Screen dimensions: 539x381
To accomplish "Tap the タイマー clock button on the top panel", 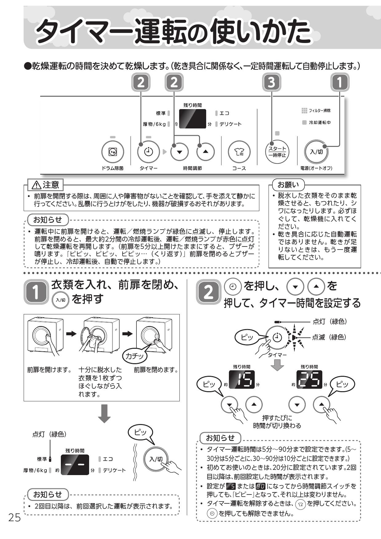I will click(148, 152).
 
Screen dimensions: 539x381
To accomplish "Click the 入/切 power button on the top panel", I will click(316, 152).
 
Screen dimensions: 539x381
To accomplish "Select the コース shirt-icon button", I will click(239, 152).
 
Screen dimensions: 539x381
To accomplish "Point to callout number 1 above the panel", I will click(340, 82).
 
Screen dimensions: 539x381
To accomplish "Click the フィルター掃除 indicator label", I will click(319, 111).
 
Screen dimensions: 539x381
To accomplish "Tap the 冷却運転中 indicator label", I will click(319, 123).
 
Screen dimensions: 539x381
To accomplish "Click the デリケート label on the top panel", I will click(230, 124).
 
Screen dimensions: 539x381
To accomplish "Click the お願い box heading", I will click(288, 185).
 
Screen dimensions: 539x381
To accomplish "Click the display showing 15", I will click(242, 380).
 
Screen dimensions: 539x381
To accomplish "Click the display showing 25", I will click(309, 380).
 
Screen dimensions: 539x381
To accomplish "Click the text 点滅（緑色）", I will click(329, 337).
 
